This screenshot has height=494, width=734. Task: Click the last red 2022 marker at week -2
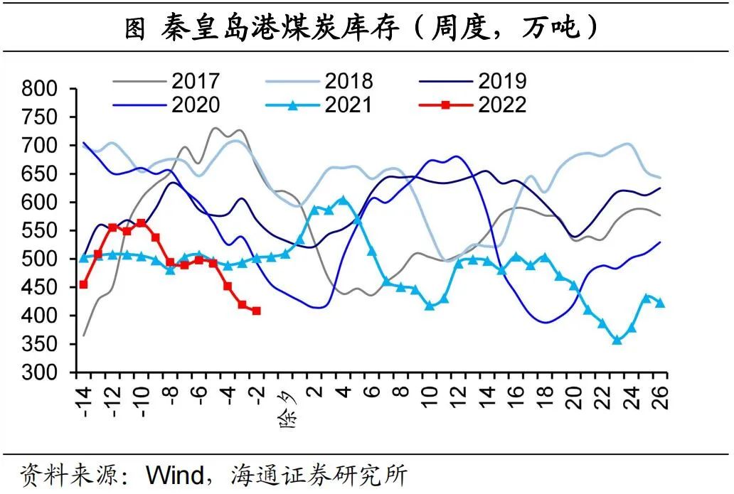tap(256, 311)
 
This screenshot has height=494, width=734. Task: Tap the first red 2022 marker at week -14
tap(83, 284)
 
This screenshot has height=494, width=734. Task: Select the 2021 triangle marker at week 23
tap(617, 340)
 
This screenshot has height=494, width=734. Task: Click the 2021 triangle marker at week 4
tap(343, 200)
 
